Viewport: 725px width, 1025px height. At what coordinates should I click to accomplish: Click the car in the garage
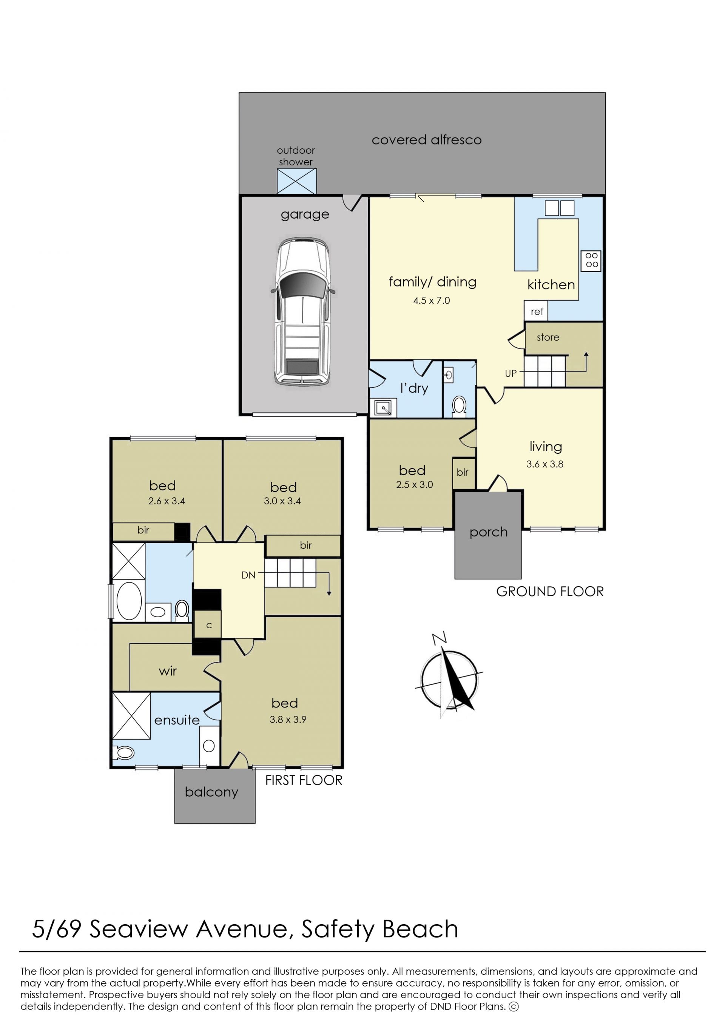pos(303,311)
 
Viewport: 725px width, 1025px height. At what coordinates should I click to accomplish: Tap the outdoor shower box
pos(296,181)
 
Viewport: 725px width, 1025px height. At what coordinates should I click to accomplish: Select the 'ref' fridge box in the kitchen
pos(536,311)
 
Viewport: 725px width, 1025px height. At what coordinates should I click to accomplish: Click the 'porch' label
pos(488,533)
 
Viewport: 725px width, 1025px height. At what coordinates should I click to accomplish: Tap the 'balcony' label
pos(211,792)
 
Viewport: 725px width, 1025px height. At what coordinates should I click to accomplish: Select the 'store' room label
pos(548,338)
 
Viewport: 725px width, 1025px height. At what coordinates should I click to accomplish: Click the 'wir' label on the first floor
pos(168,671)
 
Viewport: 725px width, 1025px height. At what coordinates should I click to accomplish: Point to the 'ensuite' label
pos(177,720)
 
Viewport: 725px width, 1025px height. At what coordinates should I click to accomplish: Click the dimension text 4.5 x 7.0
pos(431,301)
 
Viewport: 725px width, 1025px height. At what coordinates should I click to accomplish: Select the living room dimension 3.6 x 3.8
pos(545,464)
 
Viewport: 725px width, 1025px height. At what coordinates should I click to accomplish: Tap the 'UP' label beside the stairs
pos(511,373)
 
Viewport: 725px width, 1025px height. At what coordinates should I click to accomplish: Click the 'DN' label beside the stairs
pos(248,575)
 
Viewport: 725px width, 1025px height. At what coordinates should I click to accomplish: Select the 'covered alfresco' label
pos(426,140)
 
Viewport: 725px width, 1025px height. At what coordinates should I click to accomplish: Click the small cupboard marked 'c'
pos(208,626)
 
